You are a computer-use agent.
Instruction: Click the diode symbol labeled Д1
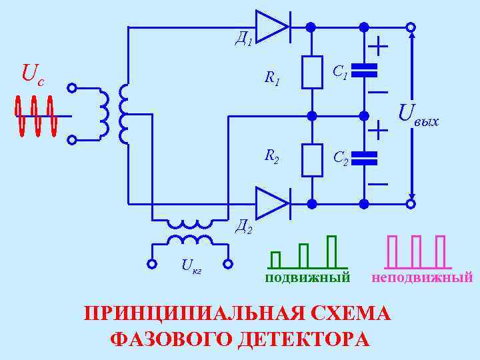click(x=272, y=27)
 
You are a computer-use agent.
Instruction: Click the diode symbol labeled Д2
click(x=272, y=203)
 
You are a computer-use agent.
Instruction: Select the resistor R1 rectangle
click(x=311, y=72)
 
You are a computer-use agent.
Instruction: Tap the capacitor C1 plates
click(x=364, y=69)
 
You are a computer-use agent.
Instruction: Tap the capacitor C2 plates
click(x=364, y=157)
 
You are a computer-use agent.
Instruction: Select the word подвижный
click(x=307, y=277)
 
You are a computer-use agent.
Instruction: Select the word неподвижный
click(x=423, y=277)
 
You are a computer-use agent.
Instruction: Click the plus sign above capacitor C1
click(x=378, y=47)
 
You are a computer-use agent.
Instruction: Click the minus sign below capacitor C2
click(x=378, y=183)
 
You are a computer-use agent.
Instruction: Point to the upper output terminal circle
click(x=411, y=27)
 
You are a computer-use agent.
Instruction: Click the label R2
click(x=271, y=157)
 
